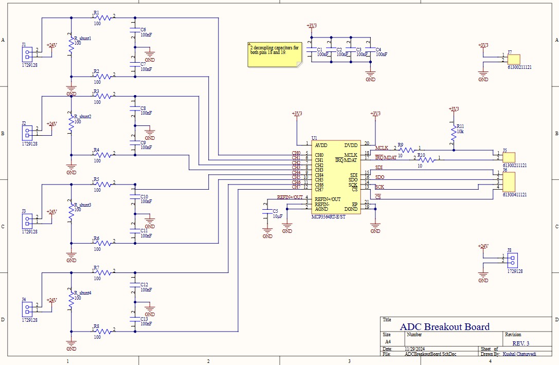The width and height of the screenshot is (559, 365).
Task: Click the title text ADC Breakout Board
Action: (x=444, y=326)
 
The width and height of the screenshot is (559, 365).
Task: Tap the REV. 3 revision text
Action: (x=520, y=343)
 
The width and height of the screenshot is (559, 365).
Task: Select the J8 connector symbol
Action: (x=512, y=260)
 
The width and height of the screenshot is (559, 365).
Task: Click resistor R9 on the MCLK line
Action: (x=407, y=150)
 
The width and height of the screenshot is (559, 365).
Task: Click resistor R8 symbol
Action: (x=103, y=332)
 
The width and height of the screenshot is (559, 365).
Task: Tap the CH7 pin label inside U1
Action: (x=319, y=190)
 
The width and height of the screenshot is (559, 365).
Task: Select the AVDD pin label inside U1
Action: (x=321, y=145)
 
